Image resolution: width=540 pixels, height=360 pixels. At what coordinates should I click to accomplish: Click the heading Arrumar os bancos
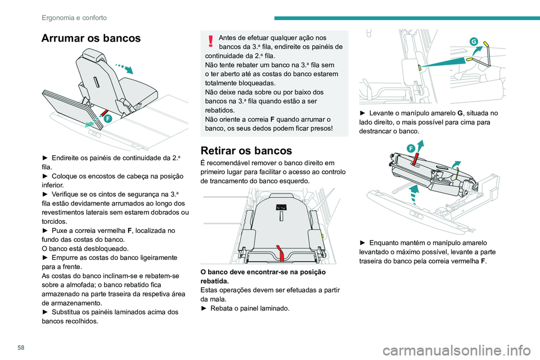click(91, 38)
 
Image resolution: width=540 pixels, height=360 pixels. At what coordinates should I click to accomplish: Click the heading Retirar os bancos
click(246, 151)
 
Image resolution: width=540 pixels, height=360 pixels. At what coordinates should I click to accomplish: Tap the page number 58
click(21, 348)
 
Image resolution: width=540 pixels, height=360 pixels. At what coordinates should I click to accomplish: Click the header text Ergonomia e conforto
click(74, 17)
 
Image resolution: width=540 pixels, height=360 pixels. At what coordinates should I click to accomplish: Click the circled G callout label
click(474, 42)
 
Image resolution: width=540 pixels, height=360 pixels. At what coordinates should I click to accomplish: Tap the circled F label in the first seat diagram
click(108, 119)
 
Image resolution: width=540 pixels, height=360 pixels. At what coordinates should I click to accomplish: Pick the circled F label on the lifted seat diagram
click(411, 148)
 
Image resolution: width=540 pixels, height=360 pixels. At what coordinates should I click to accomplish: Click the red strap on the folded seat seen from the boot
click(281, 253)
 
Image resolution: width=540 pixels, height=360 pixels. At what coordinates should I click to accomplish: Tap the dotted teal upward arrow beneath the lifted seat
click(415, 194)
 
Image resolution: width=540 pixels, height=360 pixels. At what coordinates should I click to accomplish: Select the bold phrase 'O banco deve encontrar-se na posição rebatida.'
click(263, 276)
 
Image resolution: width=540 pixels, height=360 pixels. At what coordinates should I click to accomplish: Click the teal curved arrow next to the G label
click(478, 51)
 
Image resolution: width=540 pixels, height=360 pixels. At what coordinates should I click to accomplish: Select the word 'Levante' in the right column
click(381, 113)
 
